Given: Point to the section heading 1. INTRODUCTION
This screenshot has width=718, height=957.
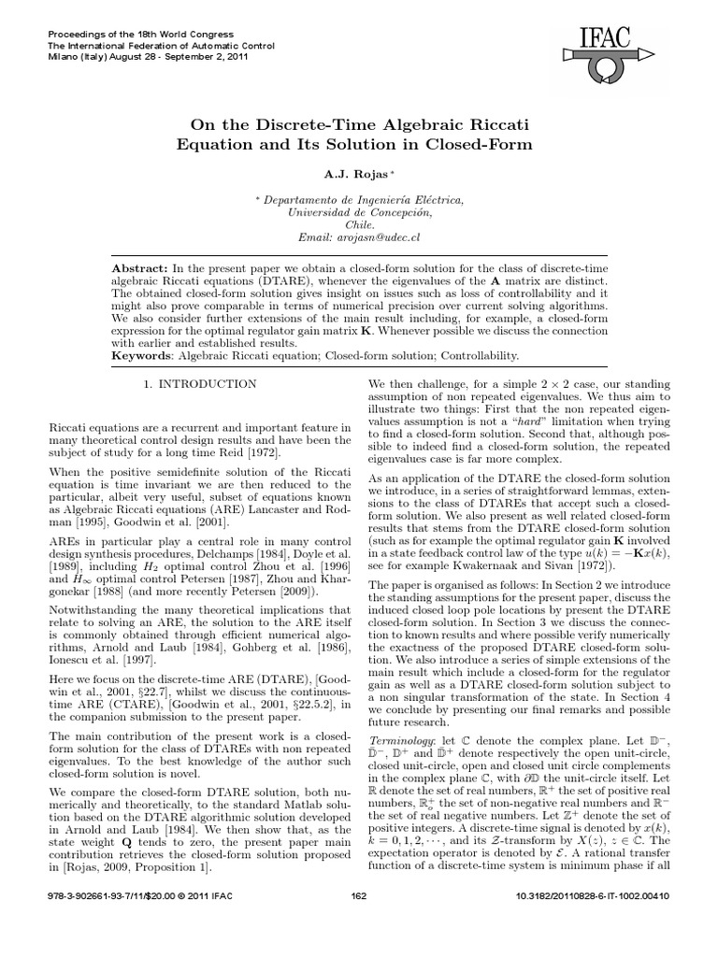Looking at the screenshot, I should click(x=199, y=384).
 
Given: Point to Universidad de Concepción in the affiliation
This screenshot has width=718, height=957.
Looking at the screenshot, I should click(x=359, y=213).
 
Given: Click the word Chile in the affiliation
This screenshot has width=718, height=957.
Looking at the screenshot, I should click(x=359, y=226).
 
